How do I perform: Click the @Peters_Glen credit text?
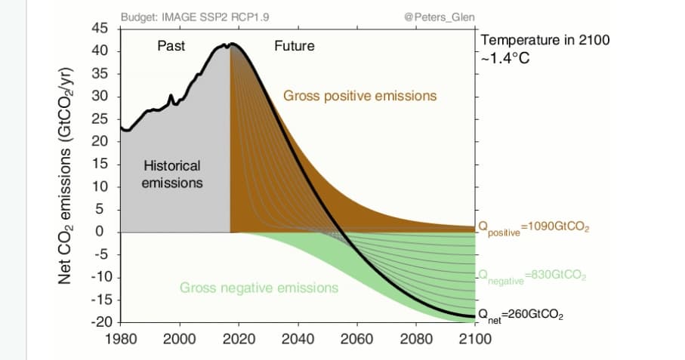pos(435,17)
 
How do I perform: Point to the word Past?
pos(171,46)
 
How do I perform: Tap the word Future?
pos(294,46)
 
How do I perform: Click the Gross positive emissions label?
pos(359,96)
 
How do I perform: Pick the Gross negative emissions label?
pos(259,288)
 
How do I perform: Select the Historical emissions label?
pos(172,174)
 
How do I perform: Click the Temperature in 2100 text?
pos(545,40)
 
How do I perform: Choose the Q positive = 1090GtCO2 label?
pos(533,228)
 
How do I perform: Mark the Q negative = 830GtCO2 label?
pos(532,276)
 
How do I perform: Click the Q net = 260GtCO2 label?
pos(522,315)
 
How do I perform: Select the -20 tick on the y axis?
pos(100,322)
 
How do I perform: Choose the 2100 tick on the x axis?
pos(475,339)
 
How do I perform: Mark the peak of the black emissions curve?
pos(232,45)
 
